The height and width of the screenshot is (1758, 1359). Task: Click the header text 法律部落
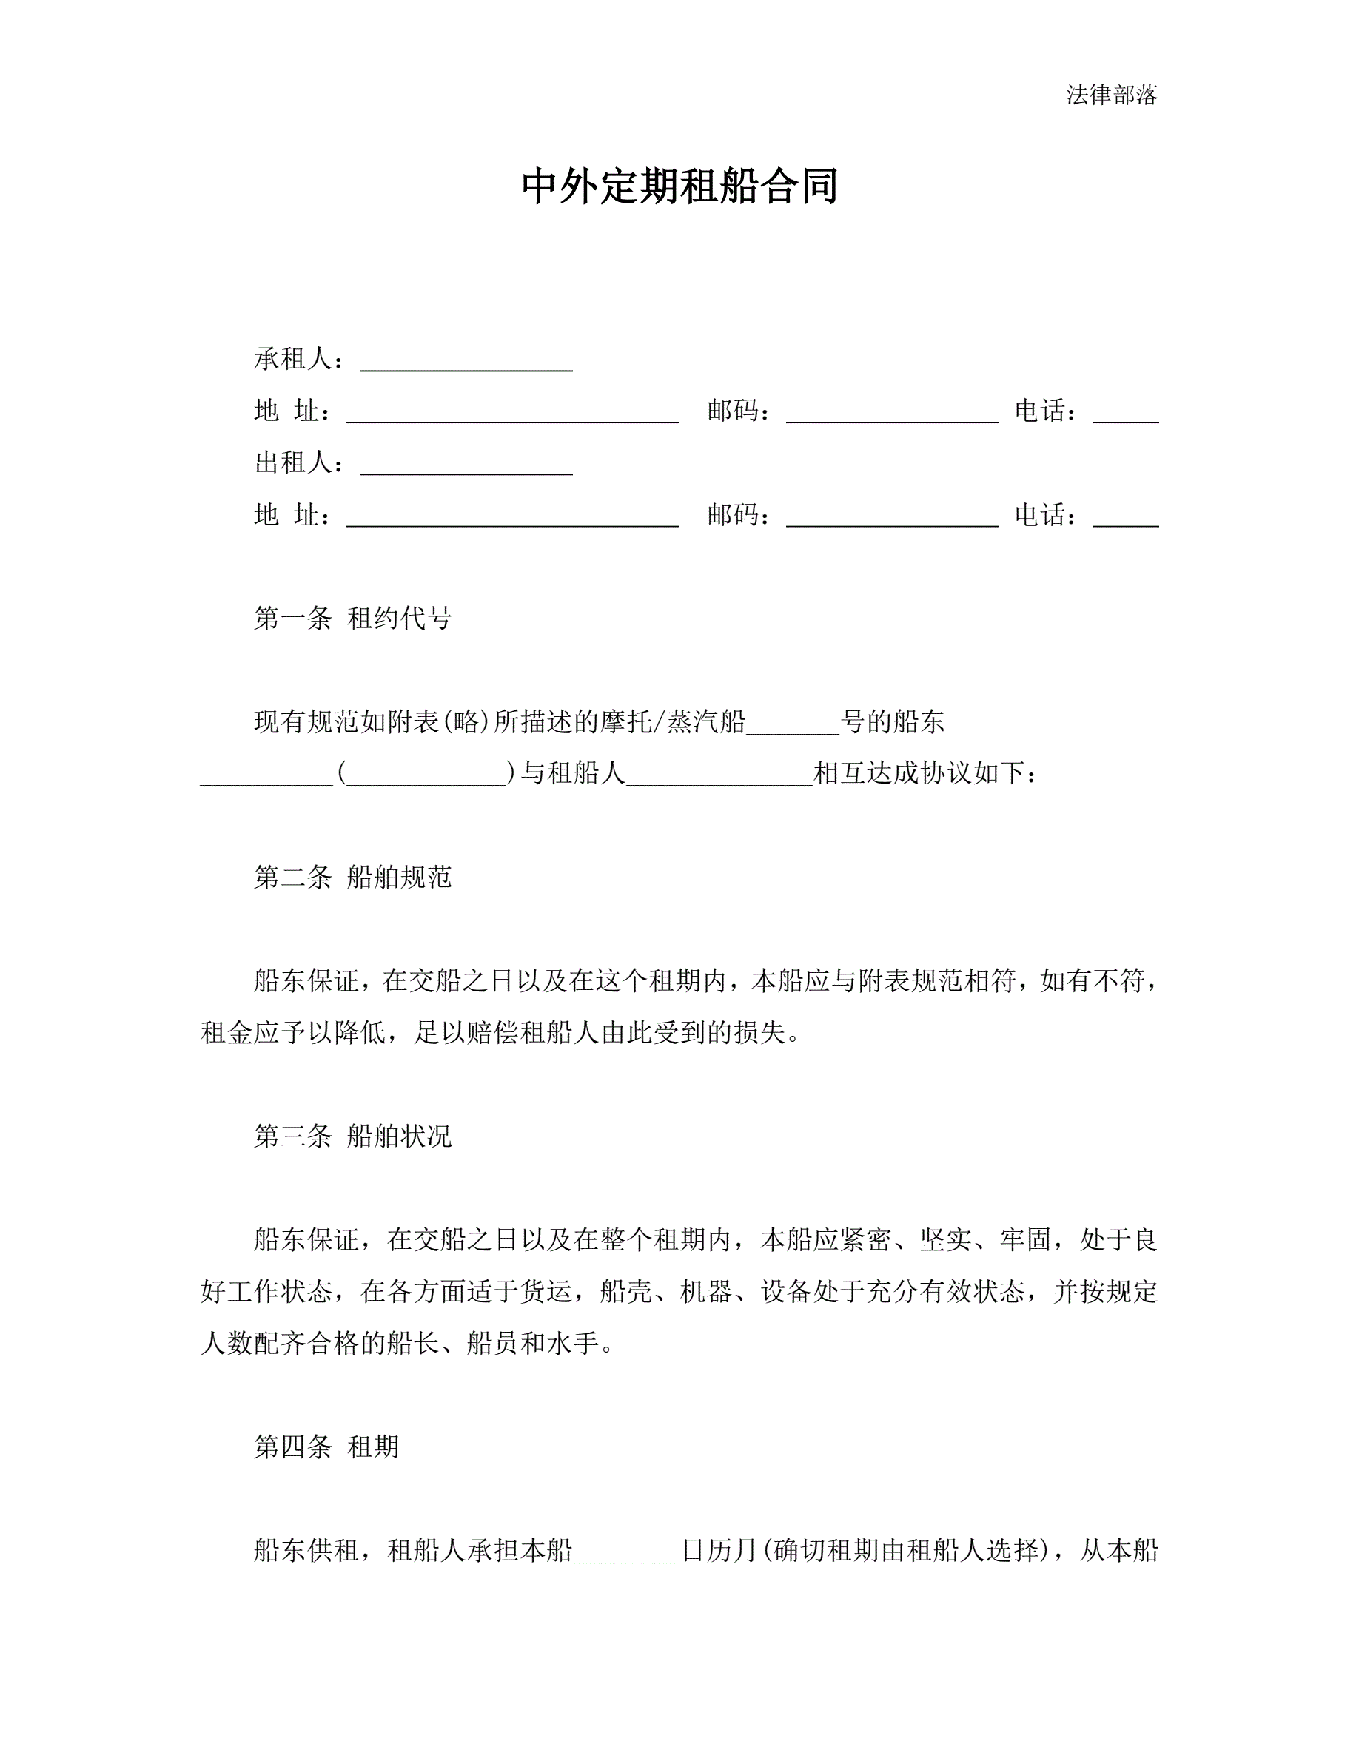[1111, 95]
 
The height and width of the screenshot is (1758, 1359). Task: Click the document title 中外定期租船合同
[679, 186]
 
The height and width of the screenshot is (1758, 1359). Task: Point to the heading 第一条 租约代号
[352, 619]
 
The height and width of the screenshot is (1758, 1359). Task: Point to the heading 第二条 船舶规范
[352, 877]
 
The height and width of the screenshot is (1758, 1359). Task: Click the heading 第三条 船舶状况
[352, 1136]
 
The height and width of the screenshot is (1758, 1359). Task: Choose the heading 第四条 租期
[326, 1447]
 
